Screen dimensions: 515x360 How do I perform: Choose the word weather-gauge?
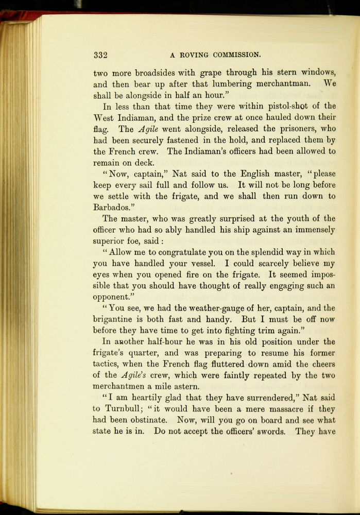tap(197, 308)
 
